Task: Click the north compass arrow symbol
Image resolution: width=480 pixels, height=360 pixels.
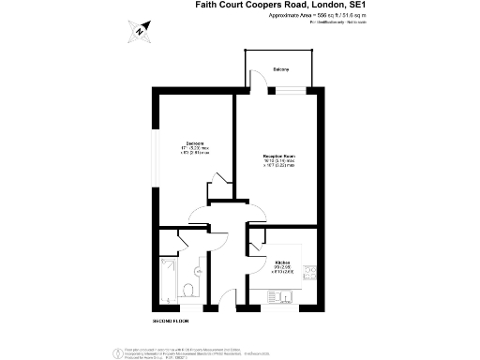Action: tap(139, 31)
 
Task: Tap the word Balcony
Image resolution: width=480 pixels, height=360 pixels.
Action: tap(281, 70)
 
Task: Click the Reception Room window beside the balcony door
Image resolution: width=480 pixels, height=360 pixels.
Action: tap(281, 91)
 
